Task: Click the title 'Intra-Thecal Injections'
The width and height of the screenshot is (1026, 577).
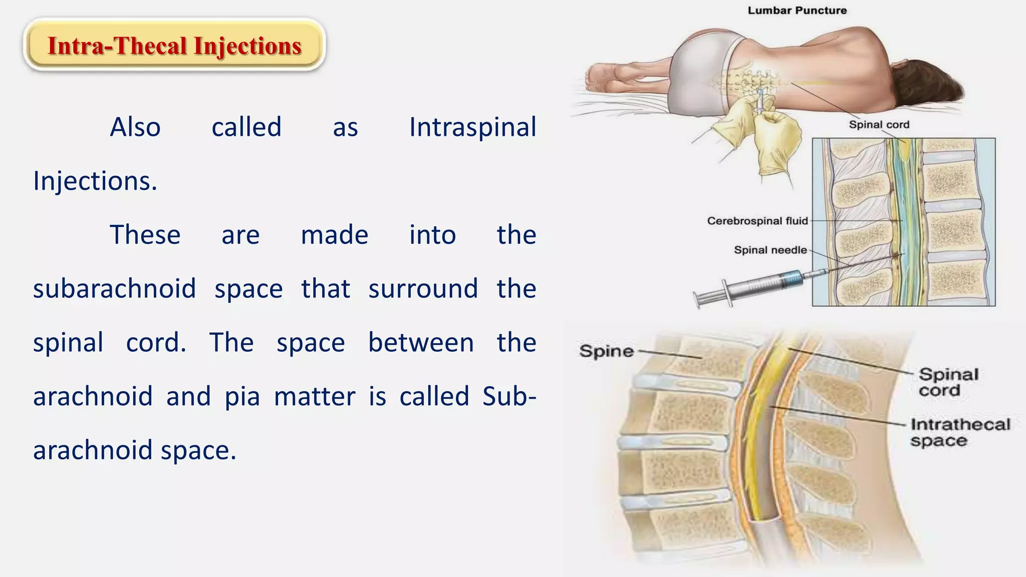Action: (x=174, y=46)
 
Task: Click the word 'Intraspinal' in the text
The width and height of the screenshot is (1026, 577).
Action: (x=472, y=127)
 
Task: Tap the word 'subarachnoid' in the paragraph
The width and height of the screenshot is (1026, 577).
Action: (x=114, y=289)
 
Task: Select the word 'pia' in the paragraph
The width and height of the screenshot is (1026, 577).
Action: (x=242, y=397)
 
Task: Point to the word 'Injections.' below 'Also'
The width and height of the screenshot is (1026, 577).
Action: (x=95, y=181)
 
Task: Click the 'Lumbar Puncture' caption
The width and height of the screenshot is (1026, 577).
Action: (x=797, y=11)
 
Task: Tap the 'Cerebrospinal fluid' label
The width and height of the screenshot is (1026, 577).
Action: (x=757, y=221)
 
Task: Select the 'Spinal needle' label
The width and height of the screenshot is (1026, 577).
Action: (x=770, y=250)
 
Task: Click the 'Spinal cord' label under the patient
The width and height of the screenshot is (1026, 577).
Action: (x=879, y=125)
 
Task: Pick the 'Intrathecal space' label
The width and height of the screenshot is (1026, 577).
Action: (x=959, y=432)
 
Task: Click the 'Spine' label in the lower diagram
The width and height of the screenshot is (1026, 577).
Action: (x=606, y=351)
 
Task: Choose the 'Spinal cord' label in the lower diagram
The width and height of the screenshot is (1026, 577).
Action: (x=948, y=382)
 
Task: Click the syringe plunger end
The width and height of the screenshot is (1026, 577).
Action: (x=699, y=300)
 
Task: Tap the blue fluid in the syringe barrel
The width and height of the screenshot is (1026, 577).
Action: (x=792, y=278)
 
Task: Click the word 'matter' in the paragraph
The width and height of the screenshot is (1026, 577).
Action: (x=315, y=397)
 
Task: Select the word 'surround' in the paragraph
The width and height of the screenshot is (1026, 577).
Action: (x=423, y=289)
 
